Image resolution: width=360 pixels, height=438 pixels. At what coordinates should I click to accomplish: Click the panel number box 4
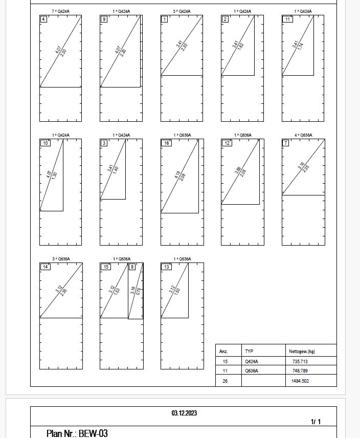point(44,19)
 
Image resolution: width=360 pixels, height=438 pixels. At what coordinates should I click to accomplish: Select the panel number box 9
point(104,19)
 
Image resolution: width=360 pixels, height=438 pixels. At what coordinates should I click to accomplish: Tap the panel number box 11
point(288,19)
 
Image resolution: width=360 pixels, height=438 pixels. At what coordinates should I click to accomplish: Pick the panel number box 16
point(166,143)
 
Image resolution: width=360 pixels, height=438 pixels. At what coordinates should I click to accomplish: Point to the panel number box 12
point(226,143)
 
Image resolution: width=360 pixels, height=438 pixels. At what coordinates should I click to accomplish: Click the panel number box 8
point(132,267)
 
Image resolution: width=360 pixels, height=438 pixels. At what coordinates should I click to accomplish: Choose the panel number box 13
point(166,267)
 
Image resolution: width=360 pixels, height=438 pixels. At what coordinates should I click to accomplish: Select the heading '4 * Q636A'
point(303,135)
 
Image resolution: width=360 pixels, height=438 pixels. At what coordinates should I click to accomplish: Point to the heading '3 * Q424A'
point(182,11)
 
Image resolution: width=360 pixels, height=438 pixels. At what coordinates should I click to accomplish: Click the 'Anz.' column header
point(223,352)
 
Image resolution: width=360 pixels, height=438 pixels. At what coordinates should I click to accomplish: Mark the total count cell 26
point(224,381)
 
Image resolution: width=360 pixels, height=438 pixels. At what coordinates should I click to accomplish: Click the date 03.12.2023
point(184,413)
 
